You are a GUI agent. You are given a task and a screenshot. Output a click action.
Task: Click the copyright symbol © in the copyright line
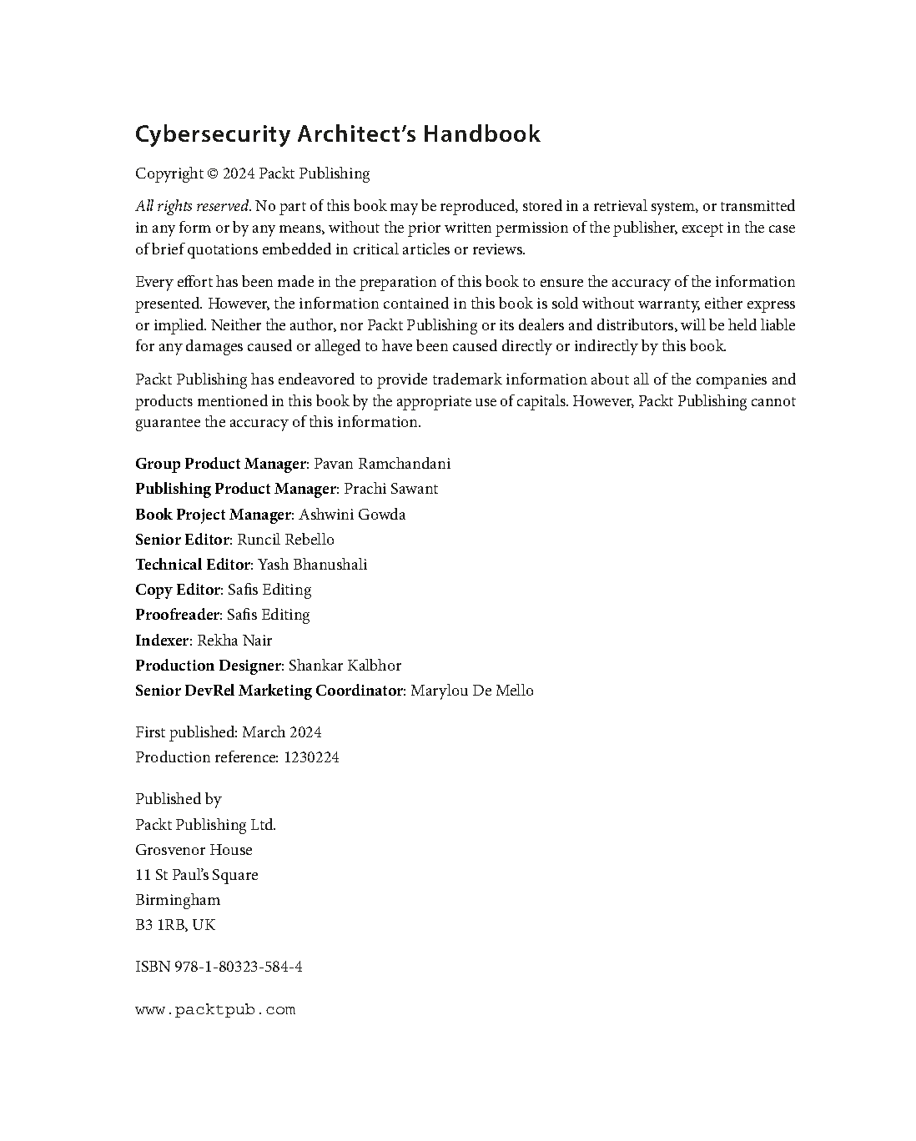pyautogui.click(x=212, y=173)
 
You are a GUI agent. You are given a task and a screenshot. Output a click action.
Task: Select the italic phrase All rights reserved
pyautogui.click(x=193, y=206)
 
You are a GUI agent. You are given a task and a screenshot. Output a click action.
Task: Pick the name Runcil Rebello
pyautogui.click(x=285, y=540)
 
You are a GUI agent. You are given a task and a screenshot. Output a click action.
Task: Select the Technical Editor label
pyautogui.click(x=192, y=565)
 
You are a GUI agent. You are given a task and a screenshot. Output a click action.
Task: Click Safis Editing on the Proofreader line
pyautogui.click(x=268, y=615)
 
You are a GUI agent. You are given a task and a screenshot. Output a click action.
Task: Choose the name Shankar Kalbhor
pyautogui.click(x=345, y=666)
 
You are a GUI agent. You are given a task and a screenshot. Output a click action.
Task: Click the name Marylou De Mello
pyautogui.click(x=472, y=691)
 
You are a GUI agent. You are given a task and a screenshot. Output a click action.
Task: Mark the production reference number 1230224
pyautogui.click(x=311, y=757)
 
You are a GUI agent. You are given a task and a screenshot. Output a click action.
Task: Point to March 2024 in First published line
pyautogui.click(x=281, y=732)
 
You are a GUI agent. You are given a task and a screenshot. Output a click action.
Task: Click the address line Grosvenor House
pyautogui.click(x=194, y=850)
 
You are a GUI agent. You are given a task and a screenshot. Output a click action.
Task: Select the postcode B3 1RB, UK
pyautogui.click(x=175, y=925)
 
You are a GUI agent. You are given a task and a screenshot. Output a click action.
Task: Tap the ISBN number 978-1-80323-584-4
pyautogui.click(x=238, y=968)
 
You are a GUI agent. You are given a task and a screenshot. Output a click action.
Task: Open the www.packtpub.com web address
pyautogui.click(x=215, y=1010)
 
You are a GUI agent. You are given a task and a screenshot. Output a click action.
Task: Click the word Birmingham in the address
pyautogui.click(x=178, y=900)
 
